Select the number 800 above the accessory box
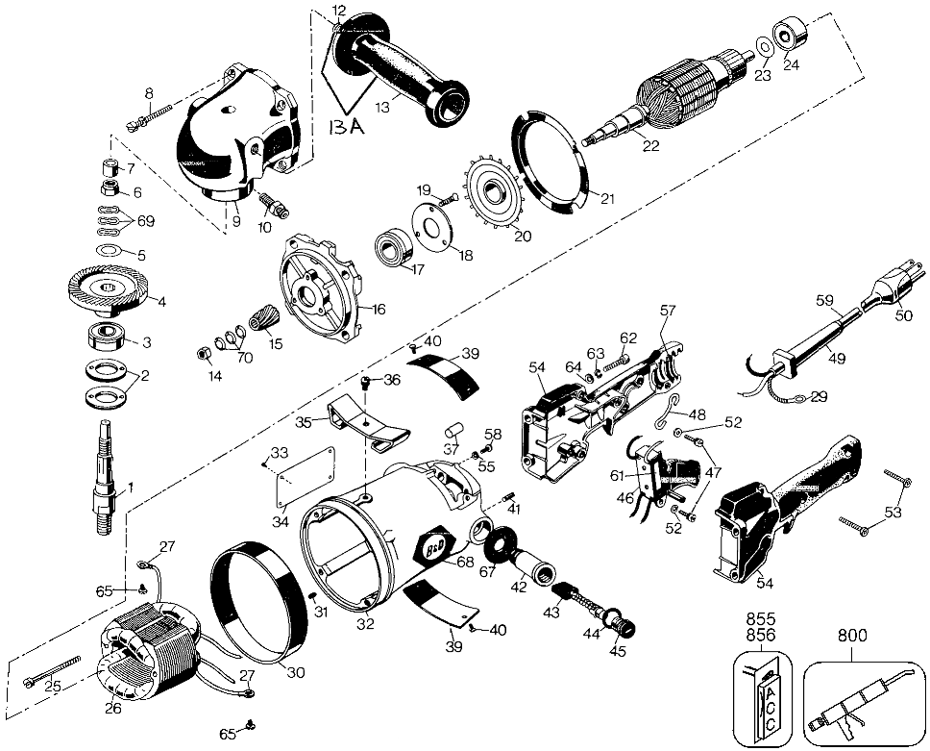(851, 636)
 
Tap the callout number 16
(379, 310)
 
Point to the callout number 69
(145, 221)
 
